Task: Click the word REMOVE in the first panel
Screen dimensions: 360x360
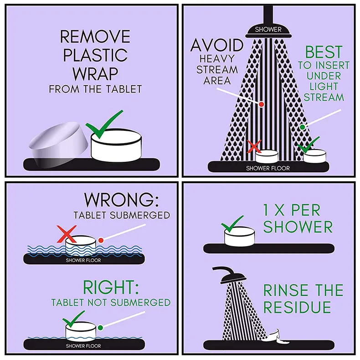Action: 95,36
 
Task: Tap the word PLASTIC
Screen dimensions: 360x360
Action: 95,55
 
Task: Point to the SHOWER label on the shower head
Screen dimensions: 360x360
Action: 268,30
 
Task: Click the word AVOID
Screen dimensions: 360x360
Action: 217,45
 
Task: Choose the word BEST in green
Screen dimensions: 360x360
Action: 324,52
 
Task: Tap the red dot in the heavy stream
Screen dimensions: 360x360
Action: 261,104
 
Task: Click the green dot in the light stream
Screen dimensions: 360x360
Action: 303,127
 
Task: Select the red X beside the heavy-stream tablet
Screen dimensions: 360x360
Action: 254,146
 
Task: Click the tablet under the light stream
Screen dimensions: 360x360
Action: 314,156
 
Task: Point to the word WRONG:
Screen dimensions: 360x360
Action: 122,200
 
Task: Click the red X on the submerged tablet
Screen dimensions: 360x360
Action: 67,234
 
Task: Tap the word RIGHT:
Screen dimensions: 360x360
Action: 111,287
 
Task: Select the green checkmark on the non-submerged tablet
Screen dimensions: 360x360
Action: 73,319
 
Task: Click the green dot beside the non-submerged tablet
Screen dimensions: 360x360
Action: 100,328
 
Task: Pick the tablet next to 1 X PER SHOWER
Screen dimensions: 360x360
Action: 239,237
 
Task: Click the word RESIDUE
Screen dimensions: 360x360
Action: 297,307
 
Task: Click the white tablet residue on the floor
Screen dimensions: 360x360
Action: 278,337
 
